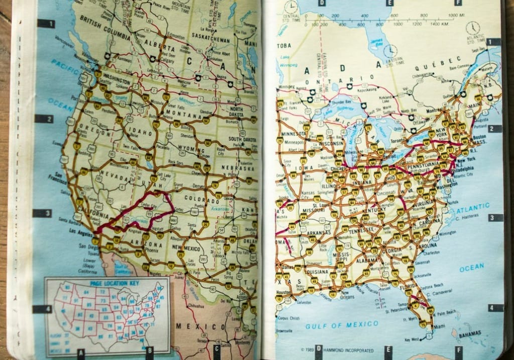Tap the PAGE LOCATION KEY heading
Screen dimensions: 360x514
pyautogui.click(x=106, y=283)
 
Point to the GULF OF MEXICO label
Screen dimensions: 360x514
pyautogui.click(x=342, y=325)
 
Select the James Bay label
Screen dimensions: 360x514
pyautogui.click(x=378, y=42)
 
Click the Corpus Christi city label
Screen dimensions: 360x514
pyautogui.click(x=290, y=318)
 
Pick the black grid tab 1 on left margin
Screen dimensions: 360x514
pyautogui.click(x=46, y=23)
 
